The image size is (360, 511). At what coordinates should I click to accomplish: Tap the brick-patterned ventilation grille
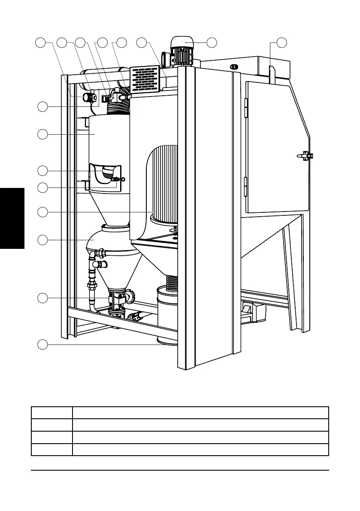click(x=145, y=79)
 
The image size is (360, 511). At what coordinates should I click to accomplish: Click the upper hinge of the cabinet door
click(x=246, y=108)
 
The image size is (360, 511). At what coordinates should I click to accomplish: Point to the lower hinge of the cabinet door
click(x=246, y=187)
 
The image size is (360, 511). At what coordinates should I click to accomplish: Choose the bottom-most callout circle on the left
click(x=42, y=344)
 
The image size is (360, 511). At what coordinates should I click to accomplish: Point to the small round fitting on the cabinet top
click(x=234, y=67)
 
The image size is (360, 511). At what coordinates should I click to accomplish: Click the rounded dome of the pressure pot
click(x=107, y=238)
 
